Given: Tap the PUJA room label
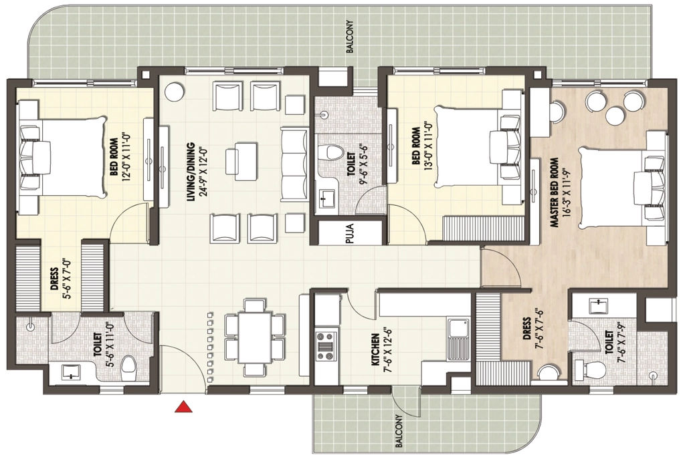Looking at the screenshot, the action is [x=349, y=233].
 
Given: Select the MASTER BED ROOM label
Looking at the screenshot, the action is [x=555, y=192].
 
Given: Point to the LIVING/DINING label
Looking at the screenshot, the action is [x=191, y=172].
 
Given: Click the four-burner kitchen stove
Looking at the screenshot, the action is [x=326, y=347].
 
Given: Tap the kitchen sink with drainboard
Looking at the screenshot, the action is [x=458, y=339].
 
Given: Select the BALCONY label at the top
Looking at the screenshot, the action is [x=349, y=37].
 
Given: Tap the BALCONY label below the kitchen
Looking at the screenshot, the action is [x=399, y=431].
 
